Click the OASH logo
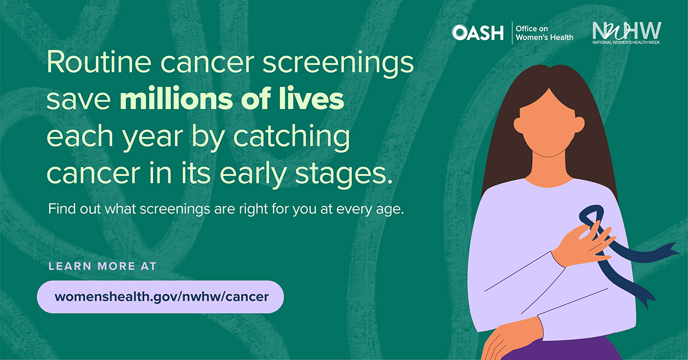(x=478, y=33)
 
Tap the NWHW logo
(x=627, y=33)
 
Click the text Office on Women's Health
(x=545, y=33)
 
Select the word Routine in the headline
(x=99, y=62)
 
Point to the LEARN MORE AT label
(x=103, y=266)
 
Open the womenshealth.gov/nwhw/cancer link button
(x=161, y=297)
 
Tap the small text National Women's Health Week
(x=626, y=42)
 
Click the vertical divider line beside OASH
(x=512, y=33)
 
